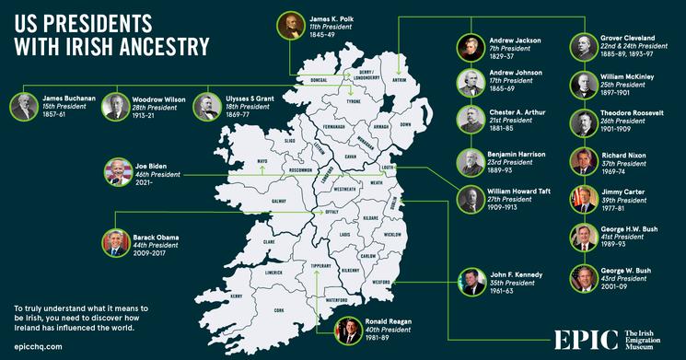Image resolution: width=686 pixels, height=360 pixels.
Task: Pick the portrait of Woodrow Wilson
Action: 116,106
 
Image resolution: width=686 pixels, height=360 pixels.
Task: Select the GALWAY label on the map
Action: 255,200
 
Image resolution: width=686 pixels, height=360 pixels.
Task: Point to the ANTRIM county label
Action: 398,79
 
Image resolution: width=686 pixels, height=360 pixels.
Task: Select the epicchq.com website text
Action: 38,346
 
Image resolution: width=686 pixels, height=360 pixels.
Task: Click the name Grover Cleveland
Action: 630,38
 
